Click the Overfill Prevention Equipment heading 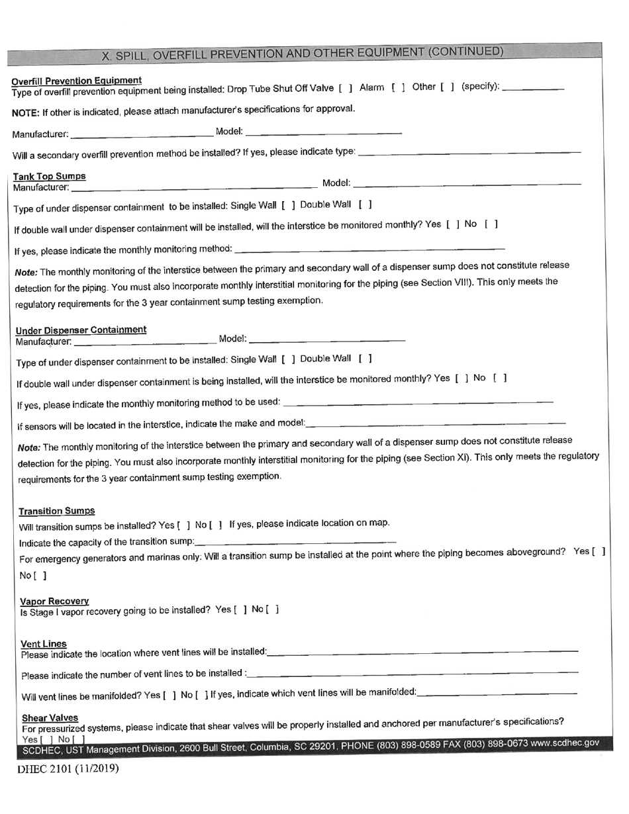click(x=76, y=81)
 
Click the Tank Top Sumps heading click(x=50, y=176)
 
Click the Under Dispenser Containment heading click(x=81, y=330)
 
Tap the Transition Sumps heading click(x=57, y=511)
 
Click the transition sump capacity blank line click(x=295, y=542)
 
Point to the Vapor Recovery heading click(x=54, y=601)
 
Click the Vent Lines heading click(x=44, y=644)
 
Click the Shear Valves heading click(x=50, y=718)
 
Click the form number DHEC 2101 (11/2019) click(x=68, y=768)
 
